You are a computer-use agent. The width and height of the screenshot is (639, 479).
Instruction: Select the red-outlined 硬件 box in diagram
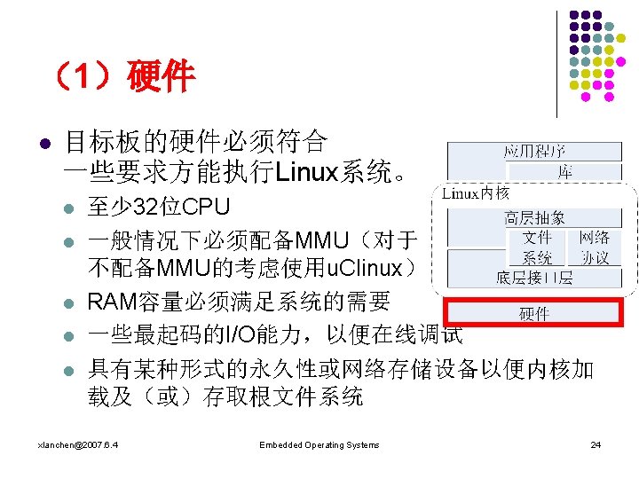(533, 313)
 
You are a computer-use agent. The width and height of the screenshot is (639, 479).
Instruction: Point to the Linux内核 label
(476, 192)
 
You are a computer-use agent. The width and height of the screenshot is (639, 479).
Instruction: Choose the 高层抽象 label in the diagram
(534, 217)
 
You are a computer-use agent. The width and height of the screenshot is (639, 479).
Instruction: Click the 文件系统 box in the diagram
(537, 247)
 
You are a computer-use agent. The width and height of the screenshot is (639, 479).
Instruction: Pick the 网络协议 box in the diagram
(594, 247)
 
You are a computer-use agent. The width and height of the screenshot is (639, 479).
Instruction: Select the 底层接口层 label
(534, 279)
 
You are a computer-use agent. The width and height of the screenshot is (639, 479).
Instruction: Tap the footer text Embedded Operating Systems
(319, 444)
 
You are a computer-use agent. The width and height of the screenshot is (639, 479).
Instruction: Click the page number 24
(596, 444)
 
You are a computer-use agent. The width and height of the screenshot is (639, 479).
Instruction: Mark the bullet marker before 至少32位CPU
(68, 210)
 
